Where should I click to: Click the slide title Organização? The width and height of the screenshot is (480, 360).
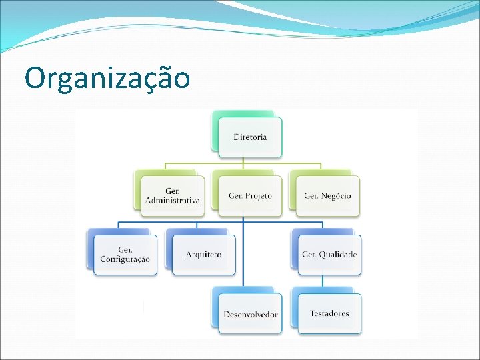pyautogui.click(x=107, y=79)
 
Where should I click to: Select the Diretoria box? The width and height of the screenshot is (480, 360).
pyautogui.click(x=250, y=137)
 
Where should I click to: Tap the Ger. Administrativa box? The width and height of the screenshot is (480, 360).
pyautogui.click(x=173, y=195)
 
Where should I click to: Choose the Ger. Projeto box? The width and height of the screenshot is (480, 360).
pyautogui.click(x=250, y=195)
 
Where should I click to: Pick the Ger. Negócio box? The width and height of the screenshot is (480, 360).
pyautogui.click(x=327, y=195)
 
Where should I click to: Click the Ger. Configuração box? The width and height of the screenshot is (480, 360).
pyautogui.click(x=125, y=255)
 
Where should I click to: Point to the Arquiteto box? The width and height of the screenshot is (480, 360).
pyautogui.click(x=203, y=255)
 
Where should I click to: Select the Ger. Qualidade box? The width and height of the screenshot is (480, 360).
pyautogui.click(x=329, y=255)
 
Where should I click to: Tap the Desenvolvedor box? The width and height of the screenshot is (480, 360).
pyautogui.click(x=251, y=313)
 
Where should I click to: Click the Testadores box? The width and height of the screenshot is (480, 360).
pyautogui.click(x=329, y=313)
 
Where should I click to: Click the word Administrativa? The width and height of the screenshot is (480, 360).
pyautogui.click(x=173, y=201)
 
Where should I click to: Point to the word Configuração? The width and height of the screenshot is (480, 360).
pyautogui.click(x=125, y=259)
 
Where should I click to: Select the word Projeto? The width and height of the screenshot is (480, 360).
pyautogui.click(x=259, y=196)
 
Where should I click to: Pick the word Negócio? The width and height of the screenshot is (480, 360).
pyautogui.click(x=336, y=196)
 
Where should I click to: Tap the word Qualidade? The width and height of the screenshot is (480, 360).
pyautogui.click(x=338, y=255)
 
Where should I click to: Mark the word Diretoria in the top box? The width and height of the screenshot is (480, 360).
pyautogui.click(x=250, y=137)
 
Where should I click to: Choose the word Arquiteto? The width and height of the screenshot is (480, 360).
pyautogui.click(x=203, y=255)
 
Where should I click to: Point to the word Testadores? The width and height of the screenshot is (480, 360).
pyautogui.click(x=329, y=313)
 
